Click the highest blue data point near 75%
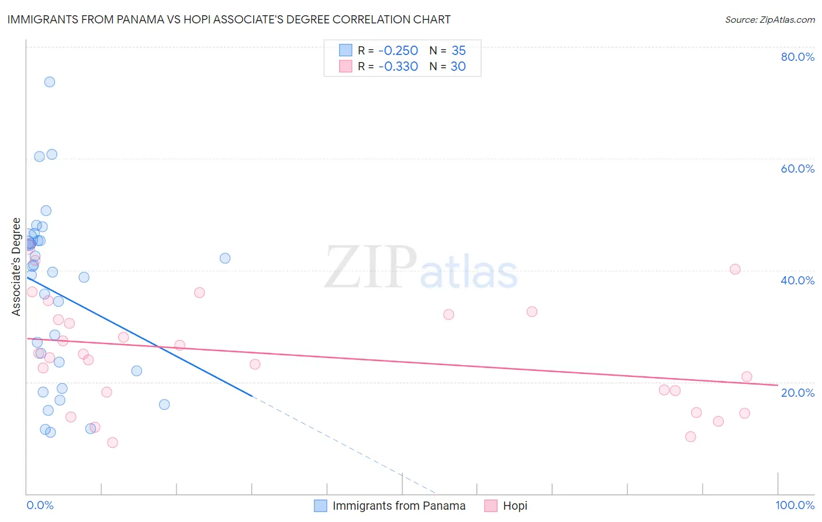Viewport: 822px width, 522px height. coord(50,82)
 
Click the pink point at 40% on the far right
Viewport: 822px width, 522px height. coord(735,269)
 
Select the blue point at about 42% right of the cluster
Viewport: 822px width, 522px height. coord(225,258)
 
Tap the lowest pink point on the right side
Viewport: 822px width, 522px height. coord(690,437)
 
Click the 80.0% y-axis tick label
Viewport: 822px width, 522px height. coord(797,57)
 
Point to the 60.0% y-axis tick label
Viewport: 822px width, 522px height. coord(797,169)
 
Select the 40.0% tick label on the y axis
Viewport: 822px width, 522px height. coord(797,280)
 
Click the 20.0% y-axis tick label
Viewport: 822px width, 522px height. coord(797,393)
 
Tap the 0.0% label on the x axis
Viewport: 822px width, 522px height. coord(40,505)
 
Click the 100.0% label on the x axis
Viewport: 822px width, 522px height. coord(795,505)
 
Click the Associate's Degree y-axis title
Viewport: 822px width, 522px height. coord(16,267)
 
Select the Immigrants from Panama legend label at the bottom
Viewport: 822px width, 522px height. coord(399,506)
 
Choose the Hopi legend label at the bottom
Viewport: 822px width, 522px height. coord(515,506)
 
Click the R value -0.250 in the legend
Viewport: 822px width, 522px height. coord(398,51)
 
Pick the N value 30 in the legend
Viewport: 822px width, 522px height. coord(458,67)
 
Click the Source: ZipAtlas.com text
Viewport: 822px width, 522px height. coord(769,20)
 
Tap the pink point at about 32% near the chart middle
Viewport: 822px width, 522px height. coord(448,314)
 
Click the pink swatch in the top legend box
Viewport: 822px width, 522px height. coord(346,67)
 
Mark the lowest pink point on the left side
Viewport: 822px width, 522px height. coord(112,442)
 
